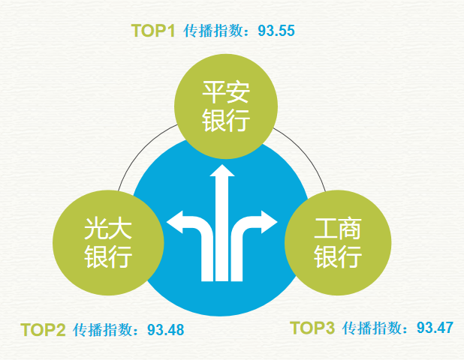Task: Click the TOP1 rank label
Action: (153, 31)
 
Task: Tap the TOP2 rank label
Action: (43, 330)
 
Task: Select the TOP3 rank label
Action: (312, 328)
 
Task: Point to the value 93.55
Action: (276, 31)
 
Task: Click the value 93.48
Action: (166, 330)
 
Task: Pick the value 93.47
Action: (435, 328)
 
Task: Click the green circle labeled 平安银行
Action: (226, 106)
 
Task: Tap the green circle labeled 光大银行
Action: (108, 243)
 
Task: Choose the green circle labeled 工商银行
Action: (338, 243)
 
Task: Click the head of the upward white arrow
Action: (222, 171)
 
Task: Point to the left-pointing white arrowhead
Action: (175, 222)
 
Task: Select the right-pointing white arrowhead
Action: (269, 222)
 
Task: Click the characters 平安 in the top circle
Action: (226, 92)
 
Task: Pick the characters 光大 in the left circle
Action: (108, 229)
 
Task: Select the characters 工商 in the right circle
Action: (338, 229)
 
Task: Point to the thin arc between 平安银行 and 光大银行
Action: (142, 151)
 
